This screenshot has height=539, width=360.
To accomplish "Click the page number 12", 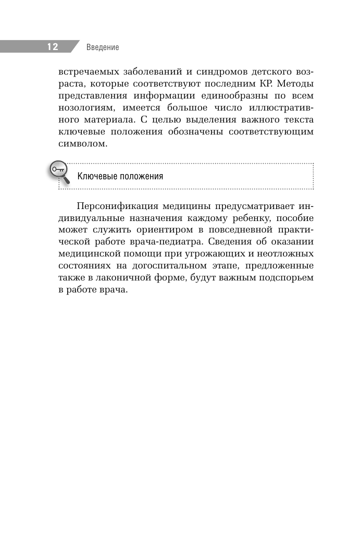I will [53, 47].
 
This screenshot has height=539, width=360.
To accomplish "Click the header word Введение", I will [103, 47].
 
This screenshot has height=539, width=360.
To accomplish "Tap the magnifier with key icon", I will [59, 173].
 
